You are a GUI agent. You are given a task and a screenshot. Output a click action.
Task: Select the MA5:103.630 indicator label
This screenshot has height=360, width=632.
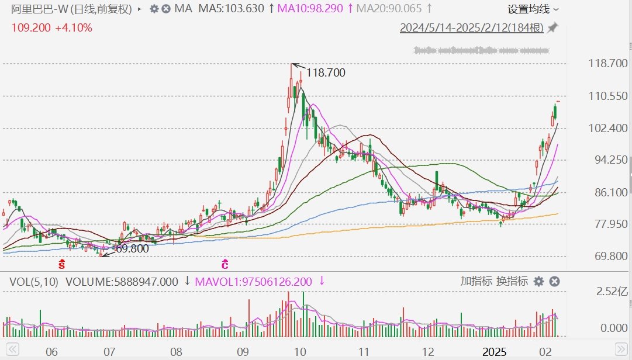[232, 9]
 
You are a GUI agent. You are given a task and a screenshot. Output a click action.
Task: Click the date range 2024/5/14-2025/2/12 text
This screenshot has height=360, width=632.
[471, 28]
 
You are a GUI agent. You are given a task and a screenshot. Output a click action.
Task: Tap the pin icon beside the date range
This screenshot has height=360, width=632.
[552, 28]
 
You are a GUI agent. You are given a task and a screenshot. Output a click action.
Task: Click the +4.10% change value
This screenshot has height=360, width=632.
[74, 27]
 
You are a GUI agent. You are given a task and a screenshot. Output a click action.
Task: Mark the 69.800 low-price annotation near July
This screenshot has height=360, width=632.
[132, 248]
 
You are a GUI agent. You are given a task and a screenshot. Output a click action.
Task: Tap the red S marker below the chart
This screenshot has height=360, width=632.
[61, 264]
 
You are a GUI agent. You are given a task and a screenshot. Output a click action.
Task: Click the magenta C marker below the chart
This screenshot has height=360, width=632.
[225, 264]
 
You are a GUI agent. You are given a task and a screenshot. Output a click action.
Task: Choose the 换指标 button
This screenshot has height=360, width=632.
[512, 281]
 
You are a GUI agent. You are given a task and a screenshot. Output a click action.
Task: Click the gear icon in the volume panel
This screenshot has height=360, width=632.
[538, 282]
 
